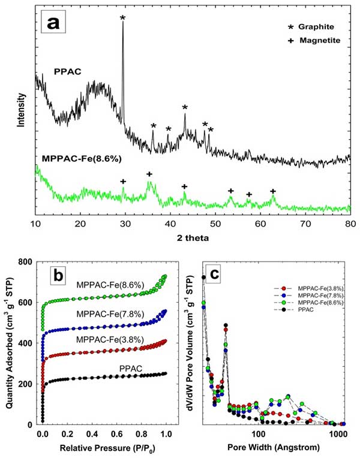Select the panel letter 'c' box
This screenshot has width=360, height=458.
pos(221,277)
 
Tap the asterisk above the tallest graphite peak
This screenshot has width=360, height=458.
pos(122,19)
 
